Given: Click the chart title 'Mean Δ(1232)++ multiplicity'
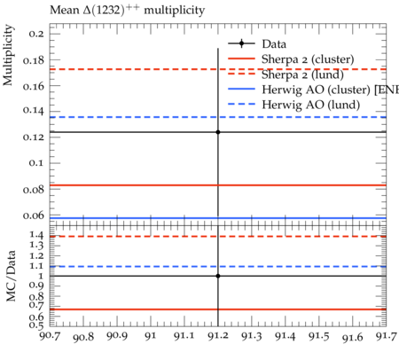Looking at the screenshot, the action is tap(127, 11).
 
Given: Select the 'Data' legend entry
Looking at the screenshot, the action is tap(257, 44).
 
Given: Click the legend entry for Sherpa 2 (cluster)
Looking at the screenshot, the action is tap(291, 59).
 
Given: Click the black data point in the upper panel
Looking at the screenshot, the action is tap(218, 132).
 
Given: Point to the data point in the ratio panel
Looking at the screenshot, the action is tap(218, 276).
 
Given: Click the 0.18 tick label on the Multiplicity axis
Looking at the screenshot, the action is tap(34, 60).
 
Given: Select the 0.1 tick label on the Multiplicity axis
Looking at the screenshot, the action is tap(36, 163).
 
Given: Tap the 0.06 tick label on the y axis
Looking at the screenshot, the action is tap(34, 215).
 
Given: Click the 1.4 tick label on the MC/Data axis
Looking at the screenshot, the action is tap(36, 235).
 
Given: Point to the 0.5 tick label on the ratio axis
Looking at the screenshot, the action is tap(36, 325).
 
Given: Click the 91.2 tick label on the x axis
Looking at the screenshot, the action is tap(218, 336).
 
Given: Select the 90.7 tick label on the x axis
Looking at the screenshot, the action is tap(51, 336).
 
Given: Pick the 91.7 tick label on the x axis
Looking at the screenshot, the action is tap(386, 336).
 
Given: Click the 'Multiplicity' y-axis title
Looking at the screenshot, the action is tap(8, 55).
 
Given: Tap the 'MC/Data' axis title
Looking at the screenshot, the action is tap(11, 276).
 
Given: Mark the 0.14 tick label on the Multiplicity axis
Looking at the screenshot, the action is tap(34, 111).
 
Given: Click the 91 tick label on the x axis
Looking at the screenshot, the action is tap(151, 336).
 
